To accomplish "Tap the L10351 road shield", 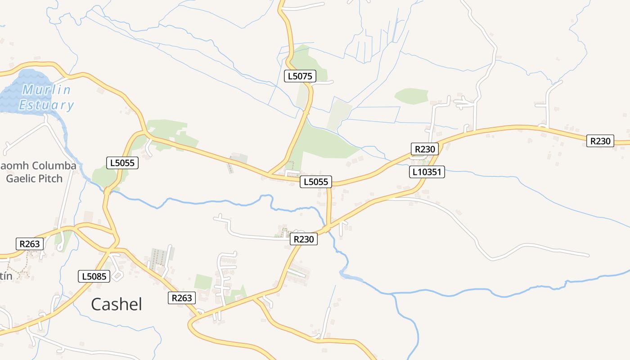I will (427, 171).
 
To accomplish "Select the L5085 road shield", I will (94, 276).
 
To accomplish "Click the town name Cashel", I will (117, 304).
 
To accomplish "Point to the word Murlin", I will (47, 90).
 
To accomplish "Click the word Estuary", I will (46, 105).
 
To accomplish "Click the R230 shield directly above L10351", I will (424, 149).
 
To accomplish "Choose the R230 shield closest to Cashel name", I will (303, 239).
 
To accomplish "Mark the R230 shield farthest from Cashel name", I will (600, 141).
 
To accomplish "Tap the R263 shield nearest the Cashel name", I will (182, 297).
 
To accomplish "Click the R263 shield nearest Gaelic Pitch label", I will (30, 244).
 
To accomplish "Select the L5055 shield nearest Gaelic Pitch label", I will (122, 163).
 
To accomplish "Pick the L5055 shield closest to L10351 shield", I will (316, 182).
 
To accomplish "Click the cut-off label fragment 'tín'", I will (6, 276).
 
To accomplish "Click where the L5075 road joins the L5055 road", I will (269, 174).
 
